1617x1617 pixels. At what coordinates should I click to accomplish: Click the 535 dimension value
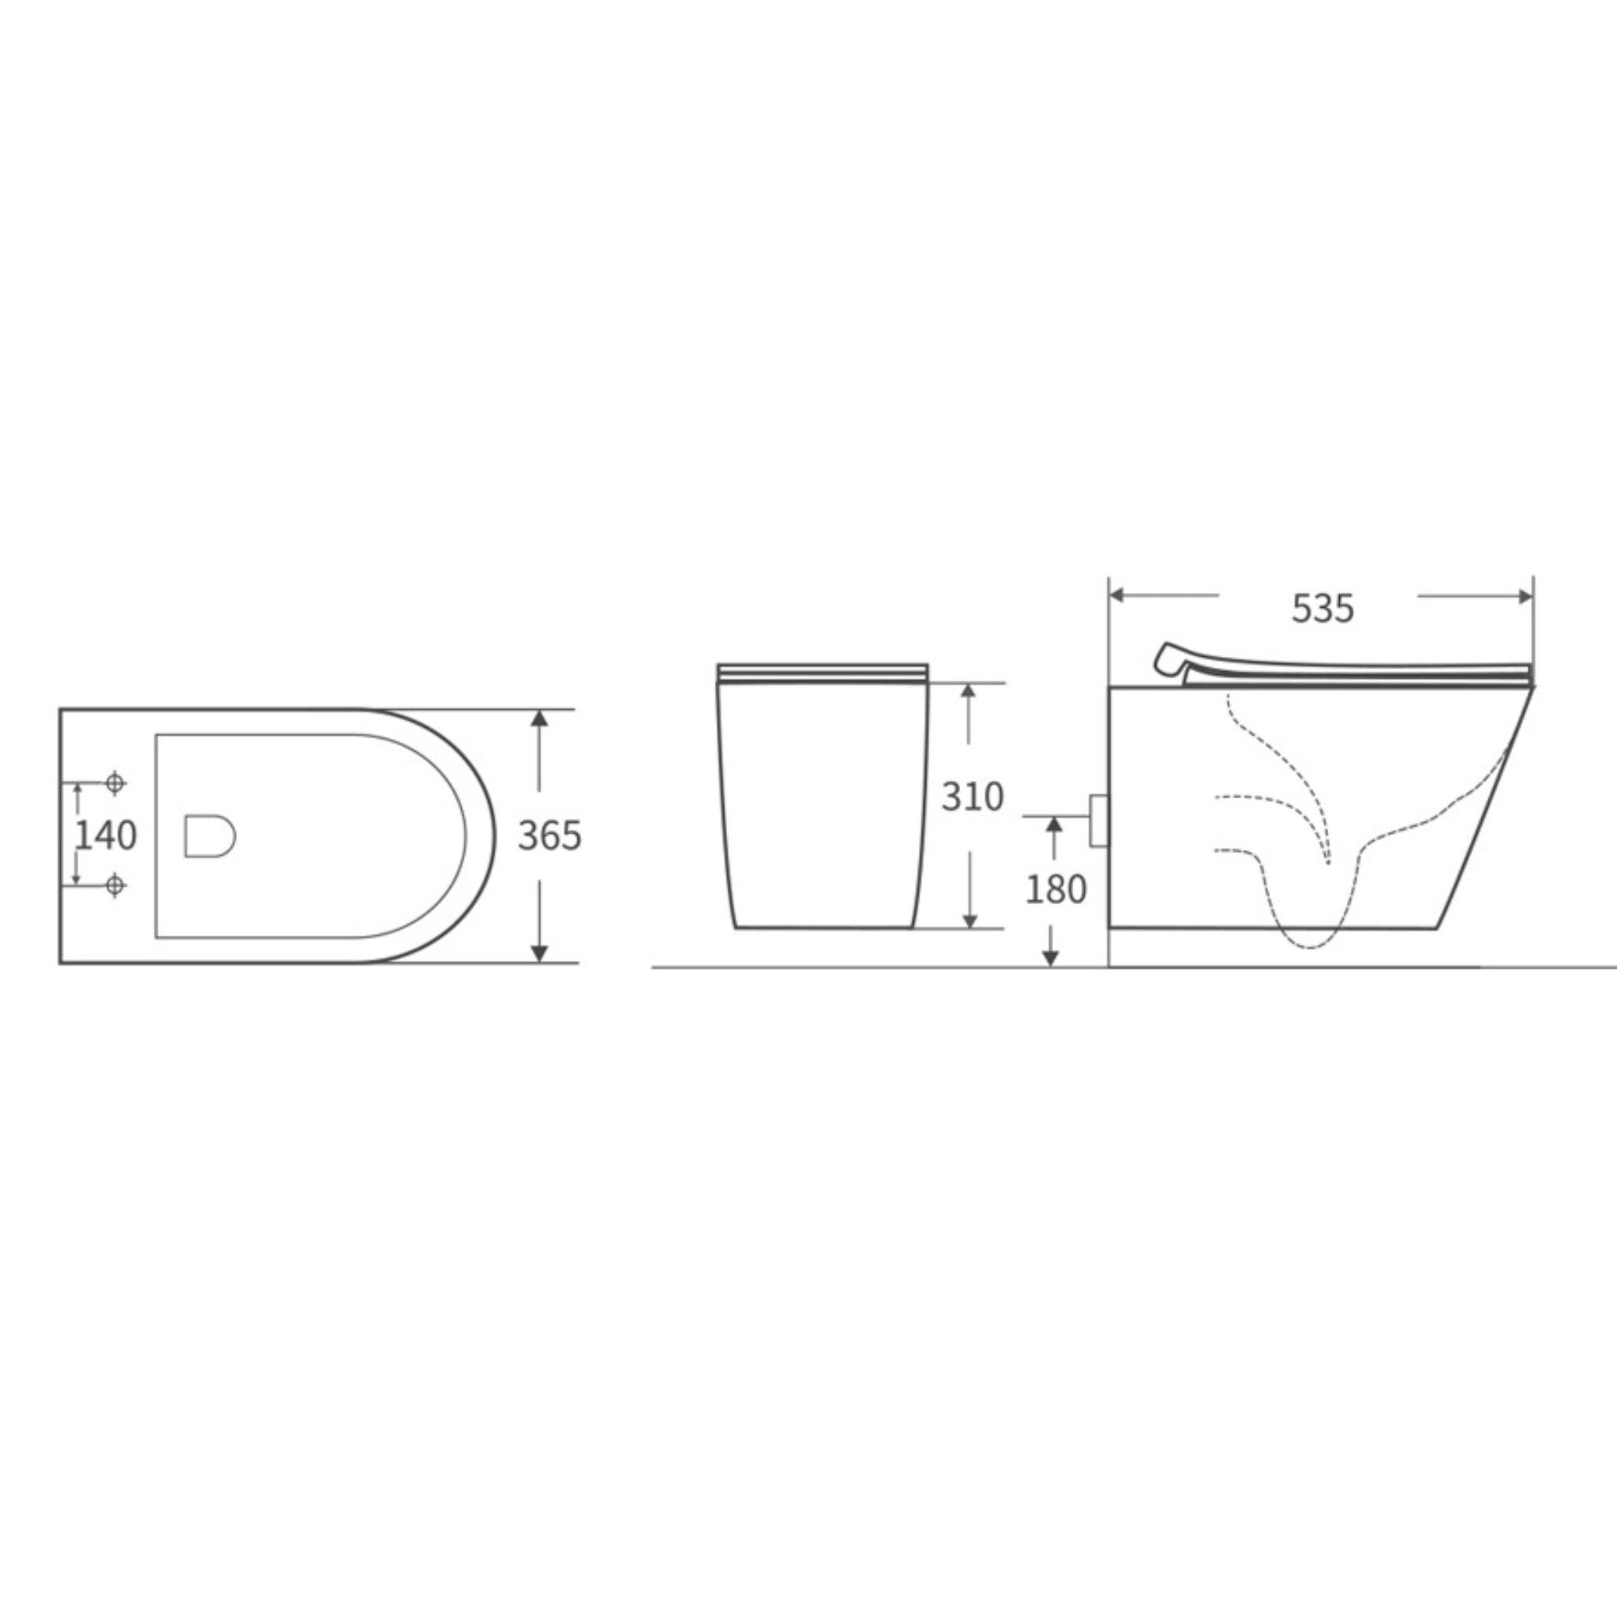1322,609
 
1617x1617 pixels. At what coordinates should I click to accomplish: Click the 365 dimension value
549,835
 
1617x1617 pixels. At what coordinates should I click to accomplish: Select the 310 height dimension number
972,797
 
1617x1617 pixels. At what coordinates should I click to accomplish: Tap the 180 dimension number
1056,890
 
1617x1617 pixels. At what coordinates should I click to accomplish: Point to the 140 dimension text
107,835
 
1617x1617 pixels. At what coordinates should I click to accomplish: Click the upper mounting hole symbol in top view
114,783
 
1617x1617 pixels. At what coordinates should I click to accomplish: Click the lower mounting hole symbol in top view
114,884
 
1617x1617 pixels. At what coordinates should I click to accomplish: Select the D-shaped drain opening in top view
209,835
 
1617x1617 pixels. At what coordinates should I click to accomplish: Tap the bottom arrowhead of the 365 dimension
540,953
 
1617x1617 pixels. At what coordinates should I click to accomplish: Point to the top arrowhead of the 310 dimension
970,692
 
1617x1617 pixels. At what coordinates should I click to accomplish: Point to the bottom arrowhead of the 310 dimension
970,920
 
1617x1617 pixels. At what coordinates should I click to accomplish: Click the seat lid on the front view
823,673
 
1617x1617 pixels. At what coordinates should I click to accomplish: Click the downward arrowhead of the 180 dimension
1053,958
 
